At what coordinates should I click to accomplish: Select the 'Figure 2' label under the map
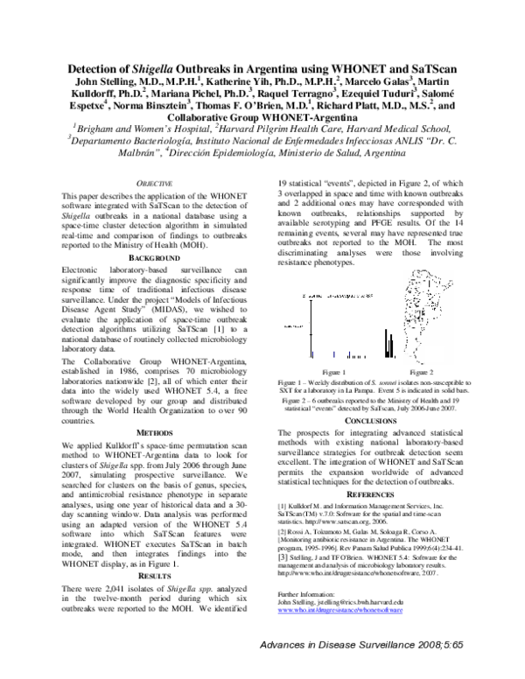(x=414, y=371)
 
